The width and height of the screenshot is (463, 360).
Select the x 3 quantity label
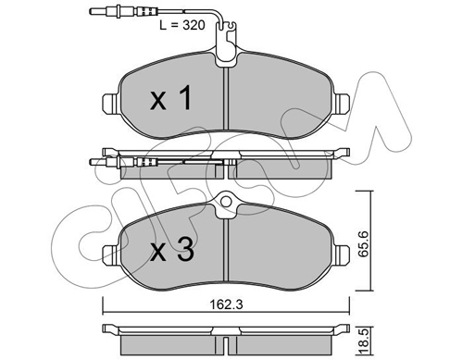pos(173,248)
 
